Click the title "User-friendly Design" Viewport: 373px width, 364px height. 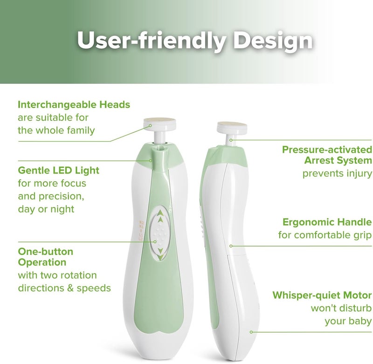pyautogui.click(x=195, y=41)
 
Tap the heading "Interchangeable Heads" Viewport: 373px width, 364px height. pyautogui.click(x=74, y=104)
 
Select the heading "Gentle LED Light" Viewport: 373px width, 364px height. pyautogui.click(x=58, y=170)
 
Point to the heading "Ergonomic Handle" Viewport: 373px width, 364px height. pyautogui.click(x=327, y=222)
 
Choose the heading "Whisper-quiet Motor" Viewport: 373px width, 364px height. pyautogui.click(x=322, y=295)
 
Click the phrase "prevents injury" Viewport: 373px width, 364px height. pyautogui.click(x=337, y=174)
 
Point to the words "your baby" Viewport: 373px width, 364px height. pyautogui.click(x=348, y=321)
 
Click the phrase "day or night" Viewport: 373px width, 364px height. pyautogui.click(x=46, y=209)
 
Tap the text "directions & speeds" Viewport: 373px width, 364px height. pyautogui.click(x=64, y=288)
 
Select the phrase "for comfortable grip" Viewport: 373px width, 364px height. pyautogui.click(x=325, y=235)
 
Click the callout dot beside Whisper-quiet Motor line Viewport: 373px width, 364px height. pyautogui.click(x=251, y=332)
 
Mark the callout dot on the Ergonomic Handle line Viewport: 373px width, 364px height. pyautogui.click(x=231, y=245)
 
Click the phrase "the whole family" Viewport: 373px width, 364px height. pyautogui.click(x=56, y=130)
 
